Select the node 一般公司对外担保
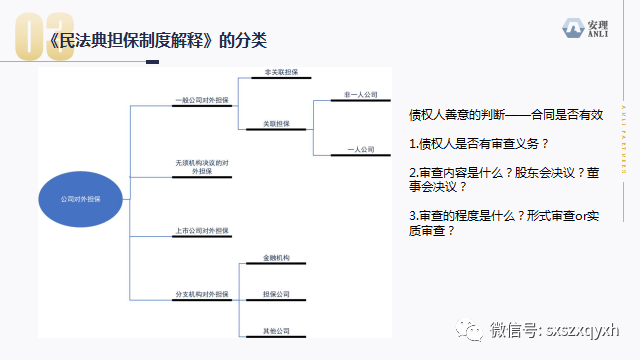(x=201, y=100)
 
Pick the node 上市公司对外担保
(x=201, y=231)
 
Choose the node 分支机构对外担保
(x=201, y=294)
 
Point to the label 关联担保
(x=277, y=124)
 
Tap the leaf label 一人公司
(x=359, y=149)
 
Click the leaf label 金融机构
(x=276, y=259)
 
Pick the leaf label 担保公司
(x=276, y=294)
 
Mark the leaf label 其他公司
(x=276, y=330)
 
